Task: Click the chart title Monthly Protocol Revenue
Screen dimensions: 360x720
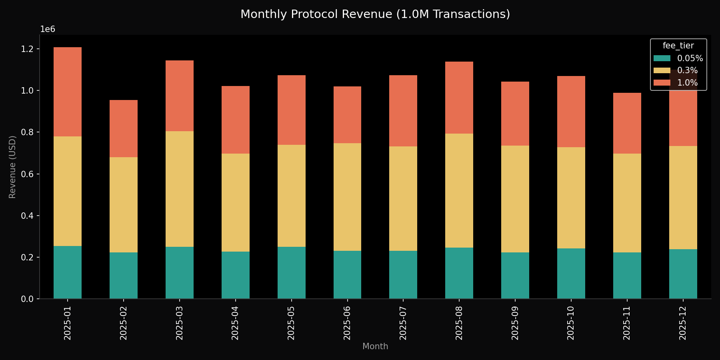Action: (x=375, y=14)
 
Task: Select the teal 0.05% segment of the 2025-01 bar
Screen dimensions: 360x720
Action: (x=68, y=272)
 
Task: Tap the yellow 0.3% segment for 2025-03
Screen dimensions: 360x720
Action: (x=180, y=189)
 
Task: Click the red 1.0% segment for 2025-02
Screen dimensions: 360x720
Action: (x=124, y=128)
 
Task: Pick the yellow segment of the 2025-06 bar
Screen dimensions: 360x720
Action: (x=347, y=197)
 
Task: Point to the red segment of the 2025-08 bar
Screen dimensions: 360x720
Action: (x=459, y=98)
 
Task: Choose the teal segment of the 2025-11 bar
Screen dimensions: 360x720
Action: (x=627, y=275)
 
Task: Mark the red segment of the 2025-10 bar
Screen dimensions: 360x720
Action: (x=571, y=112)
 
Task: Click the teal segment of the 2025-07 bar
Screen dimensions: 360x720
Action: (x=403, y=274)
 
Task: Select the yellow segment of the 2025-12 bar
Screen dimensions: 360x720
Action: (x=683, y=198)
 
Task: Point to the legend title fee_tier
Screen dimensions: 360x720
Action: (x=678, y=46)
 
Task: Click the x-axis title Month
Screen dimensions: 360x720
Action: (x=375, y=346)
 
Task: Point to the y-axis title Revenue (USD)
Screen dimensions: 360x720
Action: (x=12, y=167)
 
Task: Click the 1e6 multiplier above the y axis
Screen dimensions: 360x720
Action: (x=48, y=30)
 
